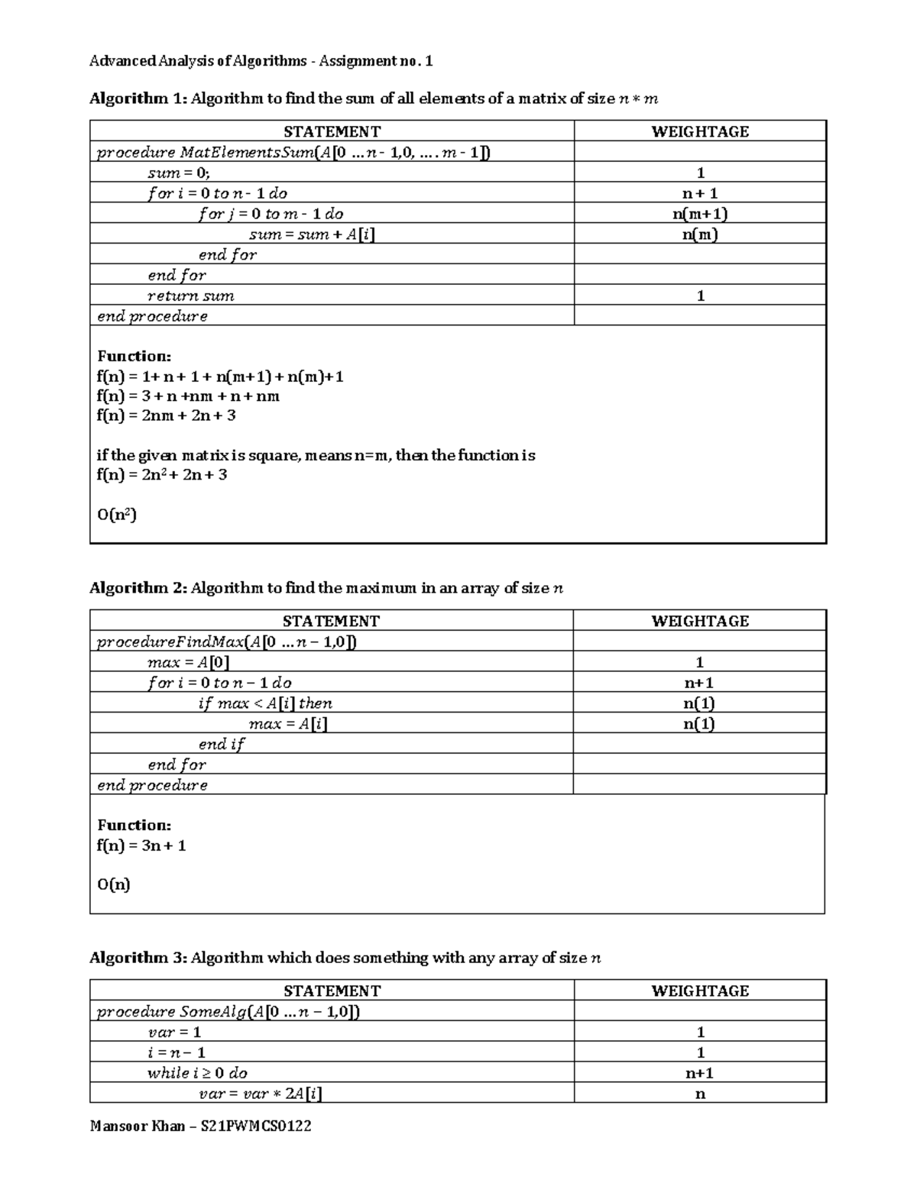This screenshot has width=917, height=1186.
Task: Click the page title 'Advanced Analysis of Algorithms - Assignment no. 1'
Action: point(261,61)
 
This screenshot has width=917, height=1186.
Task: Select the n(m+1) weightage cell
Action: point(699,214)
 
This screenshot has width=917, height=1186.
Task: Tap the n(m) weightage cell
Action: point(699,234)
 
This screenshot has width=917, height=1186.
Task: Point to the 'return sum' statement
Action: point(191,296)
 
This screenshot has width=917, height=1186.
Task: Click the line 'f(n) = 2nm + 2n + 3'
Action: point(166,415)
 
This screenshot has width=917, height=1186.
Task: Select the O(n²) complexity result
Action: point(116,515)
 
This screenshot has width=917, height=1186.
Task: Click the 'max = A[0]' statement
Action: point(188,663)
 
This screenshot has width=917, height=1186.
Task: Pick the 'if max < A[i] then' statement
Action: point(265,703)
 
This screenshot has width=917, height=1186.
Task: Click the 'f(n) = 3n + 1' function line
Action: point(141,845)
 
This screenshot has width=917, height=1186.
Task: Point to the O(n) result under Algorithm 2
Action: point(113,884)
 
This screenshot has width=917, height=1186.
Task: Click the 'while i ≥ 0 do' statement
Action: point(197,1073)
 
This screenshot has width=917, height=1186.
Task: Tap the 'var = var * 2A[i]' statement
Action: point(260,1094)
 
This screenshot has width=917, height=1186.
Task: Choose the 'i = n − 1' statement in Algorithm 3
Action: point(177,1052)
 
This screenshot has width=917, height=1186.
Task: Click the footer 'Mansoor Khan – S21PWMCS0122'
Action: point(200,1126)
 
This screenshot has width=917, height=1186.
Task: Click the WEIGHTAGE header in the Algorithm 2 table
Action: point(699,621)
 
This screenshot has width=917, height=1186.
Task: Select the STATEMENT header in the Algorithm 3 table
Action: point(332,990)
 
